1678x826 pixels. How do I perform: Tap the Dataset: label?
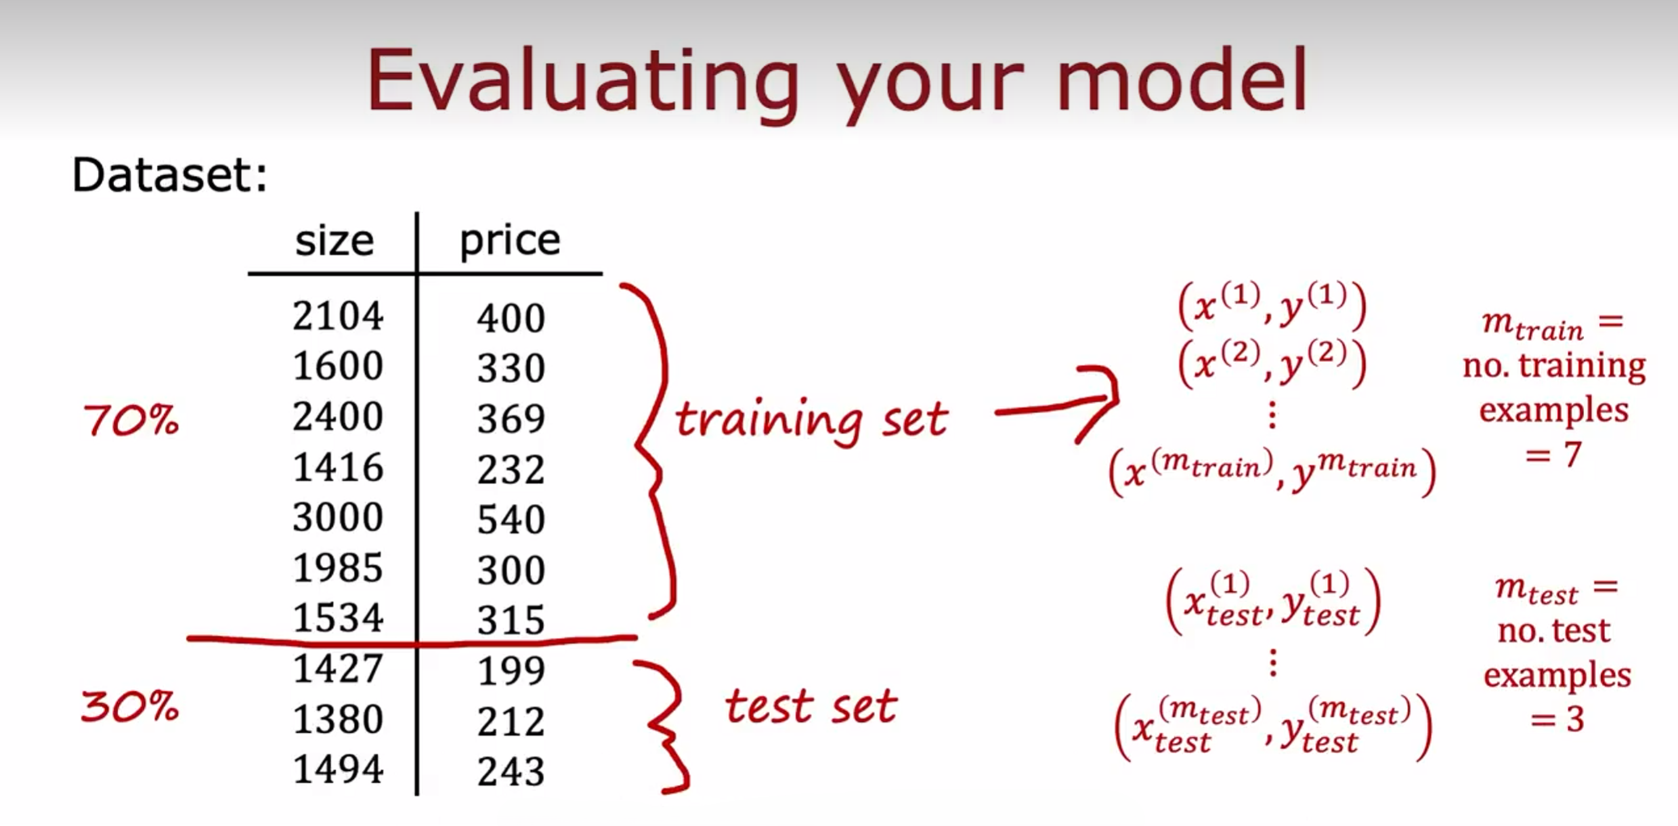click(x=170, y=175)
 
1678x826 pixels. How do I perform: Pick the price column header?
click(x=510, y=242)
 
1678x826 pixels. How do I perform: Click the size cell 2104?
click(x=337, y=316)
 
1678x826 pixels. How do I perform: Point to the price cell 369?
click(x=511, y=419)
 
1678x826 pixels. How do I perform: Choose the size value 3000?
click(x=337, y=517)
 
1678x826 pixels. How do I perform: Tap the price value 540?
click(x=511, y=520)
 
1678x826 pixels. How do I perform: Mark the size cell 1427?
click(x=337, y=669)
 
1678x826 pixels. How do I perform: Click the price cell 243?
click(x=511, y=772)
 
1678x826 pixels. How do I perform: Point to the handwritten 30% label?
click(x=129, y=707)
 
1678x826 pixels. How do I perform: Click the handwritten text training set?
click(x=812, y=420)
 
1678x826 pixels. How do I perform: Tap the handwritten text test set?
click(x=811, y=706)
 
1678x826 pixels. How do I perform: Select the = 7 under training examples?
click(x=1553, y=454)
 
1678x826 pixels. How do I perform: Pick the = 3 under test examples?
click(x=1557, y=720)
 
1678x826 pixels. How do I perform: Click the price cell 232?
click(x=511, y=470)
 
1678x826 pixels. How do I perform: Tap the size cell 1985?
click(x=337, y=568)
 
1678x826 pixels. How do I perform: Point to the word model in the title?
click(x=1182, y=80)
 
